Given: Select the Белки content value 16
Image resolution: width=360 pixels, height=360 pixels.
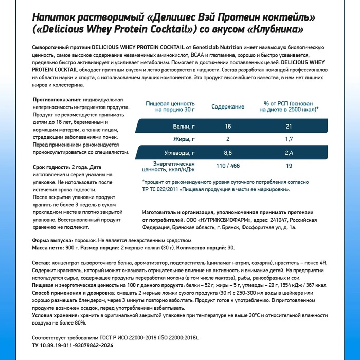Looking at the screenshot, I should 228,127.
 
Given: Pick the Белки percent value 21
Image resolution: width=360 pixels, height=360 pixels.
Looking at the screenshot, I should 289,127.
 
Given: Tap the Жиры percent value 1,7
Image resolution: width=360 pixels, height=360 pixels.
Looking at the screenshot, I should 289,139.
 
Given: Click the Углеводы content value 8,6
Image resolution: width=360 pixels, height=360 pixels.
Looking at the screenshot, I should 228,153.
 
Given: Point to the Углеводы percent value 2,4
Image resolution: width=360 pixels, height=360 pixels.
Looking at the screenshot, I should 289,153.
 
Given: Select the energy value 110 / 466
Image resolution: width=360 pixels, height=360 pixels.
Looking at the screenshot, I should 228,166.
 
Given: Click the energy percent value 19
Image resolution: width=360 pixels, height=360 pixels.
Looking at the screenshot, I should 289,166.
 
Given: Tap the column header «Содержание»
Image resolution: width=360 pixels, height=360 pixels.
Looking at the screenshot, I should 228,106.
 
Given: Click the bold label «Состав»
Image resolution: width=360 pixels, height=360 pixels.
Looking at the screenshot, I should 41,262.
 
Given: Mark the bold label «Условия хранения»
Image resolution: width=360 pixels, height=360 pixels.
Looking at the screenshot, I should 57,315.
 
